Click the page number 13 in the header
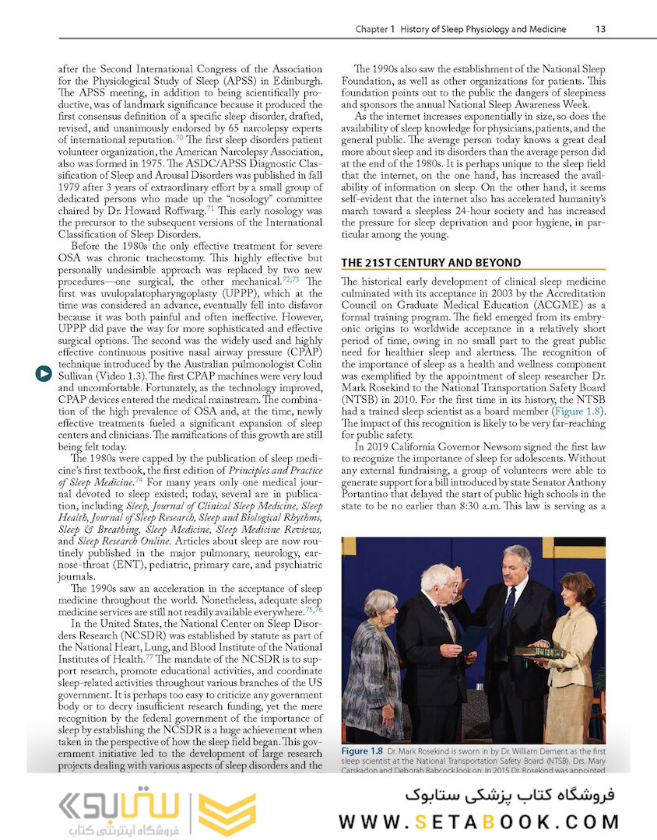point(599,30)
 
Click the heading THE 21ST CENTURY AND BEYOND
point(431,263)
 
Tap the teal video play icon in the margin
point(43,374)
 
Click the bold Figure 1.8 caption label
point(363,752)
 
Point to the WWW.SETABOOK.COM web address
point(479,821)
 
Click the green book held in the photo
point(538,652)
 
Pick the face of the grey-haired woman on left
point(380,605)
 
